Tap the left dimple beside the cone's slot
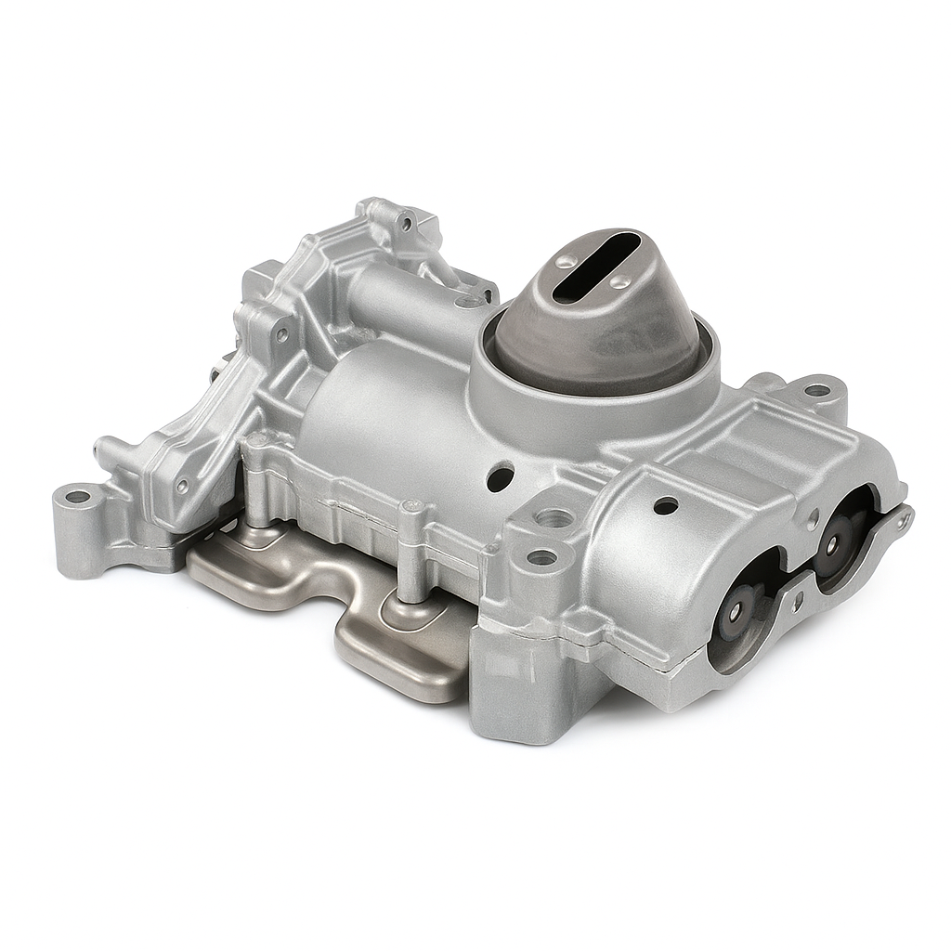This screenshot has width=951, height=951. [566, 263]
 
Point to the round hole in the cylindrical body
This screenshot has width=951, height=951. [500, 478]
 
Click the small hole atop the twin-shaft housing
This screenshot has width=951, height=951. [666, 505]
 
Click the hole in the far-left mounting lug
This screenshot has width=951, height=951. [77, 497]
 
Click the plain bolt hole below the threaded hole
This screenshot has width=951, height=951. [541, 558]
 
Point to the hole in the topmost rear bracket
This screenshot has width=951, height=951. [406, 223]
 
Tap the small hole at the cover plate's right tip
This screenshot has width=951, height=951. [899, 523]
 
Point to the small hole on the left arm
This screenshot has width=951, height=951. [183, 485]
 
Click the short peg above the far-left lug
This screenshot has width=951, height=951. [104, 450]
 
